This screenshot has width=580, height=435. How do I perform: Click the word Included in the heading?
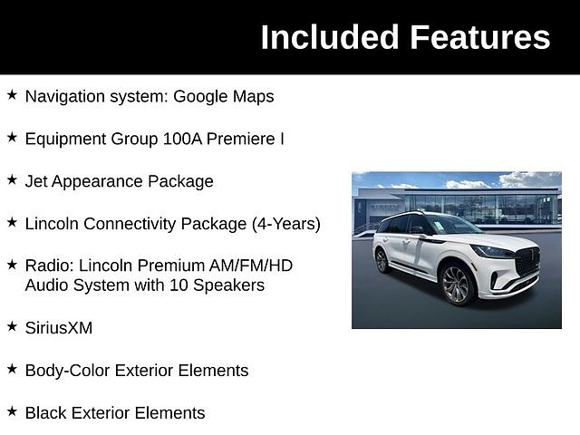pos(330,37)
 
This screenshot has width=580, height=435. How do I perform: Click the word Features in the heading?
pos(480,37)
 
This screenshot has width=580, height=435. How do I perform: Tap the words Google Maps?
pos(224,97)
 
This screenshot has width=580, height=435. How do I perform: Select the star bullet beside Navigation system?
pos(12,95)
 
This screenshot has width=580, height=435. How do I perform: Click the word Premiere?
pos(240,139)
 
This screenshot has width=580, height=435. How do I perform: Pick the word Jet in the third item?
pos(36,181)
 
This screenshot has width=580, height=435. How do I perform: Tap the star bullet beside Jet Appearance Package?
pos(12,180)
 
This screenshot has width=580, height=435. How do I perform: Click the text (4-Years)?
pos(286,224)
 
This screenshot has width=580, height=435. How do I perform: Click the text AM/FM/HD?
pos(251,266)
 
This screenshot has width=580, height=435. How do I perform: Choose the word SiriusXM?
pos(59,328)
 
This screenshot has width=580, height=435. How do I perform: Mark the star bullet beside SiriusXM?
pos(12,326)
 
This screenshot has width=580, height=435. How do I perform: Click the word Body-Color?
pos(68,371)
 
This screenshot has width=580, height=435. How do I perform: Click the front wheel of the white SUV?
pos(457,285)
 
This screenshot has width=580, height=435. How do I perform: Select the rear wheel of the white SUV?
pos(382,260)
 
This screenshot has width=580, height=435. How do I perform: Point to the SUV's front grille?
pos(527,261)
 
